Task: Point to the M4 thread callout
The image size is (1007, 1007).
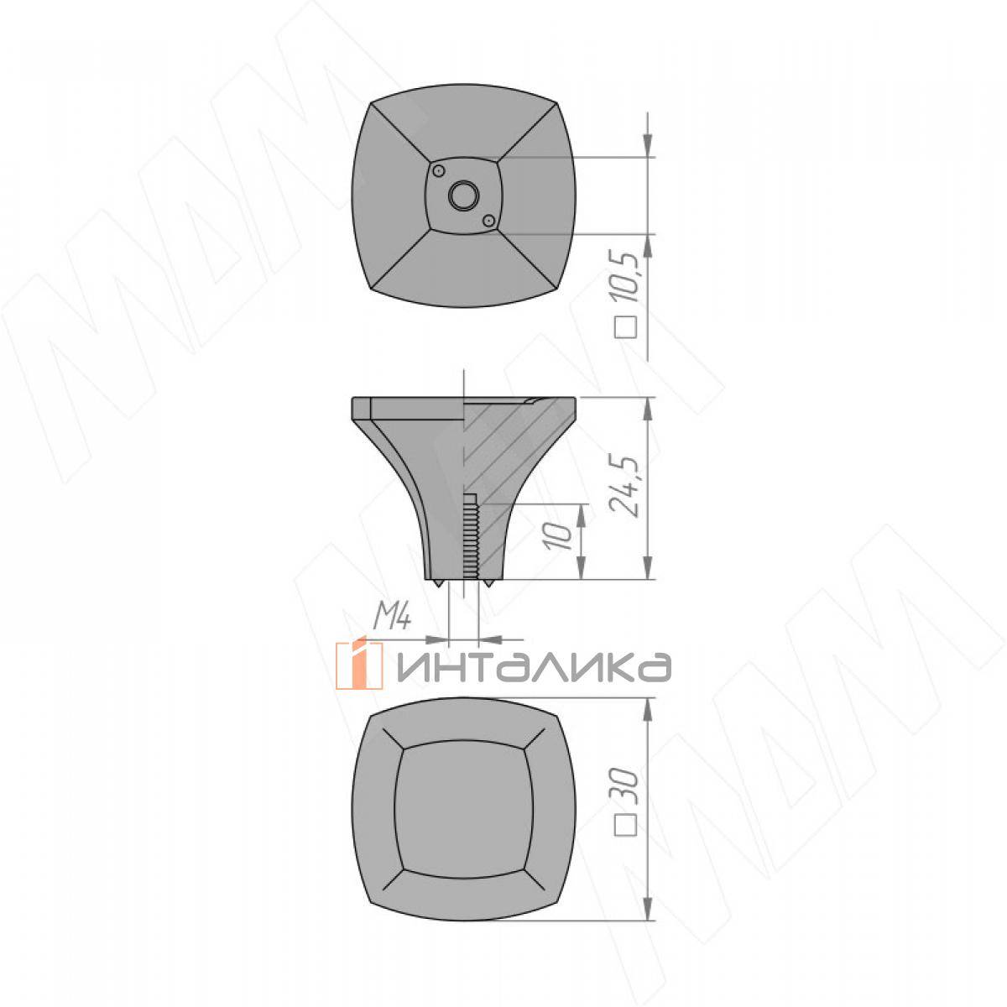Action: (x=393, y=618)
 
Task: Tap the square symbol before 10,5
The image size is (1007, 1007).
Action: (x=625, y=327)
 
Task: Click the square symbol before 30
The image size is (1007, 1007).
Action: (x=625, y=826)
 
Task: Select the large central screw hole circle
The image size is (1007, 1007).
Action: (x=463, y=196)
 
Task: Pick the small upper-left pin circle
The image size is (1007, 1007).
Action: (x=438, y=171)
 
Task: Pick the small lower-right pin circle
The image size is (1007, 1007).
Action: (x=488, y=221)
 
